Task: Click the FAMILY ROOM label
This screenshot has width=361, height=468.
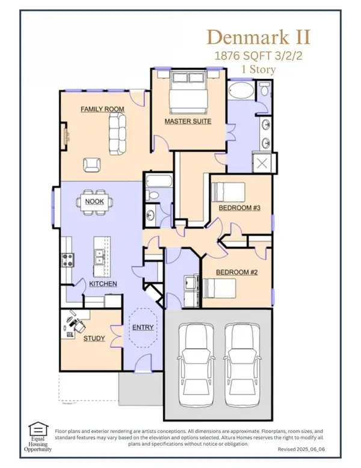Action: coord(103,109)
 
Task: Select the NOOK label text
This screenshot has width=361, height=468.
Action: coord(94,201)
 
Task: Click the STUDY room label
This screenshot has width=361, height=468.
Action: coord(94,339)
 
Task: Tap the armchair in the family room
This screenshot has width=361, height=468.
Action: coord(91,164)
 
